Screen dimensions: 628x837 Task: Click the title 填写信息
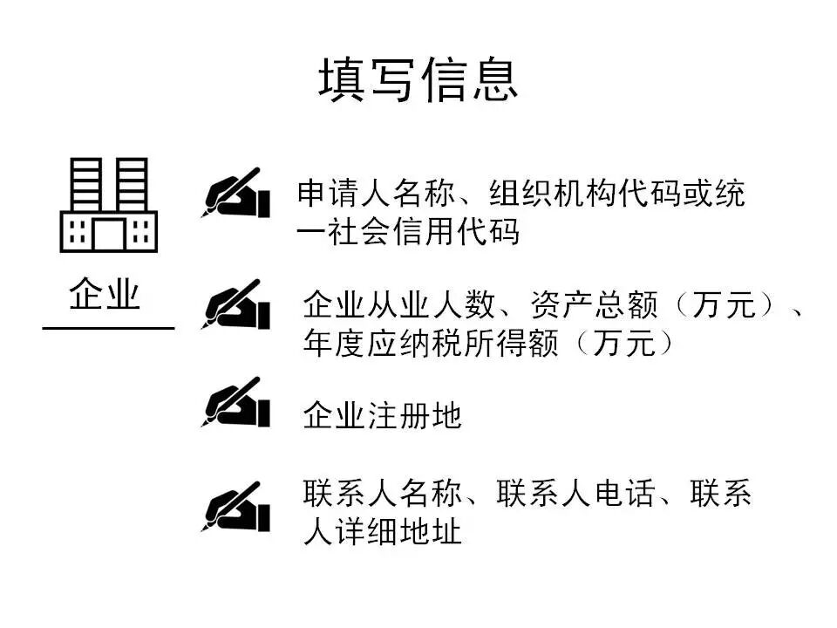coord(418,80)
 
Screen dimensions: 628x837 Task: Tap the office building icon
coord(108,205)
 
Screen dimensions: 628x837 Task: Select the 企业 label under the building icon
coord(105,296)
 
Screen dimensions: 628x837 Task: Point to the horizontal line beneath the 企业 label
coord(108,329)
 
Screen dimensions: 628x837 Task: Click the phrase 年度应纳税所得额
coord(431,343)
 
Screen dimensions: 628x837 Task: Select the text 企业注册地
coord(382,416)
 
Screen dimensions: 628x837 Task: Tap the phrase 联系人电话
coord(575,495)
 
